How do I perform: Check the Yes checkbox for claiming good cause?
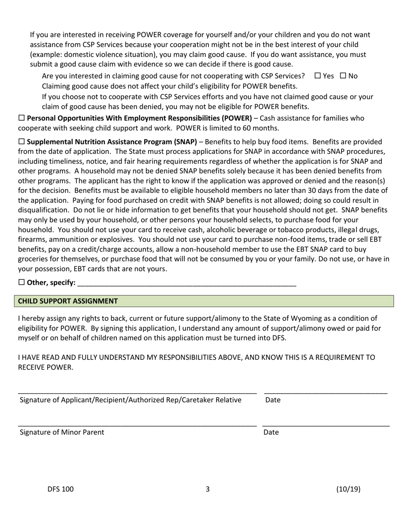[318, 76]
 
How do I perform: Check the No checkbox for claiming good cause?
[343, 76]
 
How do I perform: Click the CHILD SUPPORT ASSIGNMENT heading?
[68, 301]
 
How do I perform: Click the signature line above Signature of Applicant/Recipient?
[137, 391]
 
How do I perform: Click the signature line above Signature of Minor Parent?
[137, 424]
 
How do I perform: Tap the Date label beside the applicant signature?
[273, 400]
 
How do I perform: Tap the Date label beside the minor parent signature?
[271, 432]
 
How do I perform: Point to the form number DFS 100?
[61, 489]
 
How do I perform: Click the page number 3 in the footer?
[208, 489]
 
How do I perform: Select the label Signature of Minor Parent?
[62, 432]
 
